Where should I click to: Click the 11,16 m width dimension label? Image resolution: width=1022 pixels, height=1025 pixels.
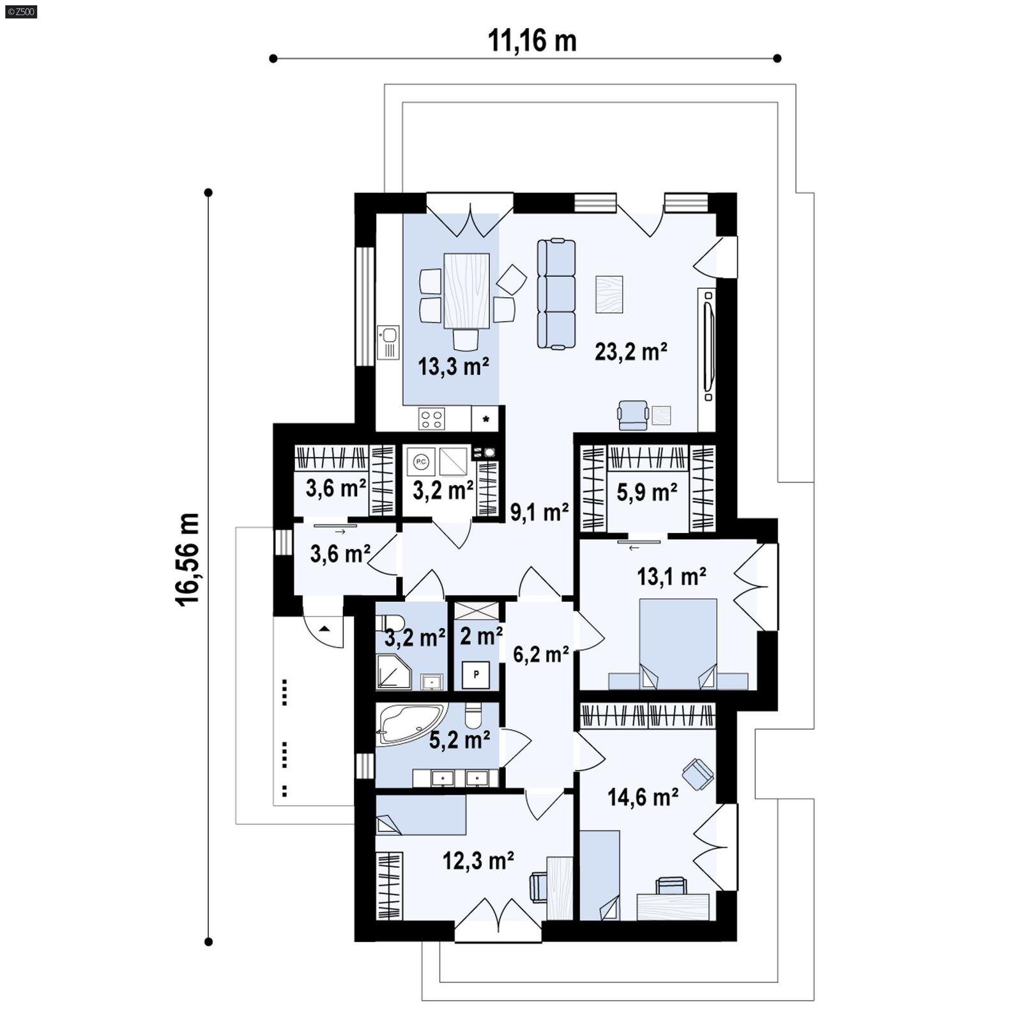pos(532,41)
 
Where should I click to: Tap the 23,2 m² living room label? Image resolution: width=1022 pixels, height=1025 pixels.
pos(630,351)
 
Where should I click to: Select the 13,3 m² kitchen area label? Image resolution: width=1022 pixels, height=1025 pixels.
pos(454,367)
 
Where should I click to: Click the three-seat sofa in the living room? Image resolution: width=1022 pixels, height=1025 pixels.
pos(556,294)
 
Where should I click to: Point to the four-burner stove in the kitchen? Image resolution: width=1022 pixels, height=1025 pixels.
pos(431,419)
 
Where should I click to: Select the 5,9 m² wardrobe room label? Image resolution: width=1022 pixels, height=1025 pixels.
pos(646,492)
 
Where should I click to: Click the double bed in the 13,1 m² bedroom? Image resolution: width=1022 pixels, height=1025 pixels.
pos(678,642)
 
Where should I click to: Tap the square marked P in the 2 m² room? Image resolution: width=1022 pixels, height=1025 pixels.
pos(476,674)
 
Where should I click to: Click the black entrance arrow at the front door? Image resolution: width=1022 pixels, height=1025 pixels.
pos(324,629)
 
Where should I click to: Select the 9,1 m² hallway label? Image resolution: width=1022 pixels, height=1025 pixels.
pos(539,512)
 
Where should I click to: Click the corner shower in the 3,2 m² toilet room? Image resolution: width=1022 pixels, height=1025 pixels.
pos(392,673)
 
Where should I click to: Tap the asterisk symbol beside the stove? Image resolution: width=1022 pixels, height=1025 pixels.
pos(486,420)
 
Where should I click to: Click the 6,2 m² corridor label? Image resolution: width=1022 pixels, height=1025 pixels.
pos(541,654)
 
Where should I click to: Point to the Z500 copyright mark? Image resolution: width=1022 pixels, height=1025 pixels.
pos(20,11)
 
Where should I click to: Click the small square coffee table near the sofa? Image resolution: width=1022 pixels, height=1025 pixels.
pos(609,294)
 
